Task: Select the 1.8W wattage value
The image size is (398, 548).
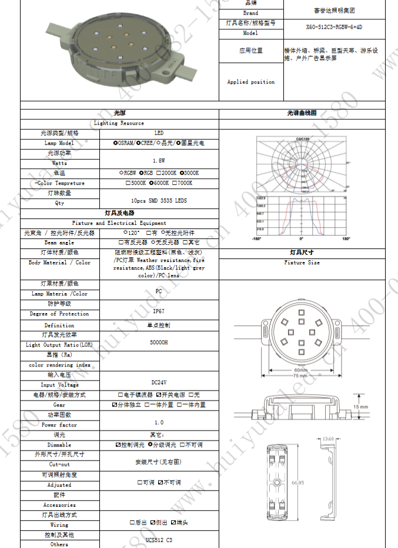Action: pos(158,160)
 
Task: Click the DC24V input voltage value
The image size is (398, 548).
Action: pos(158,382)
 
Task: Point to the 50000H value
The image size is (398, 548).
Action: pos(158,341)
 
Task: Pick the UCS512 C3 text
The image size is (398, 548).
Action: pos(158,540)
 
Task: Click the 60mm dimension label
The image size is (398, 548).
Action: pos(301,370)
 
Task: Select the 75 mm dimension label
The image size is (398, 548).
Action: pos(301,376)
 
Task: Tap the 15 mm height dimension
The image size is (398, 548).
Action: pos(361,407)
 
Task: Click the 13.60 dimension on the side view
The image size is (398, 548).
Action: pos(328,439)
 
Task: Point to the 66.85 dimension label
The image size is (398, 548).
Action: pos(297,483)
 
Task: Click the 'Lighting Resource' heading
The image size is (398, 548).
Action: pos(119,123)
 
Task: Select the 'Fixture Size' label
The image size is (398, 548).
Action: pos(302,263)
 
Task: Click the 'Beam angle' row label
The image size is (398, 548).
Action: pos(59,243)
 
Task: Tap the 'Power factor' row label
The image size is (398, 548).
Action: pos(59,425)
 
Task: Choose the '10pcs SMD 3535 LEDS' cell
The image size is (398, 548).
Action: pos(158,200)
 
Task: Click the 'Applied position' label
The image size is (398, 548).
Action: pos(251,82)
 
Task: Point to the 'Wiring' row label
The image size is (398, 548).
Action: pos(59,525)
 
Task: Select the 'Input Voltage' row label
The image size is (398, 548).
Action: pos(59,385)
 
